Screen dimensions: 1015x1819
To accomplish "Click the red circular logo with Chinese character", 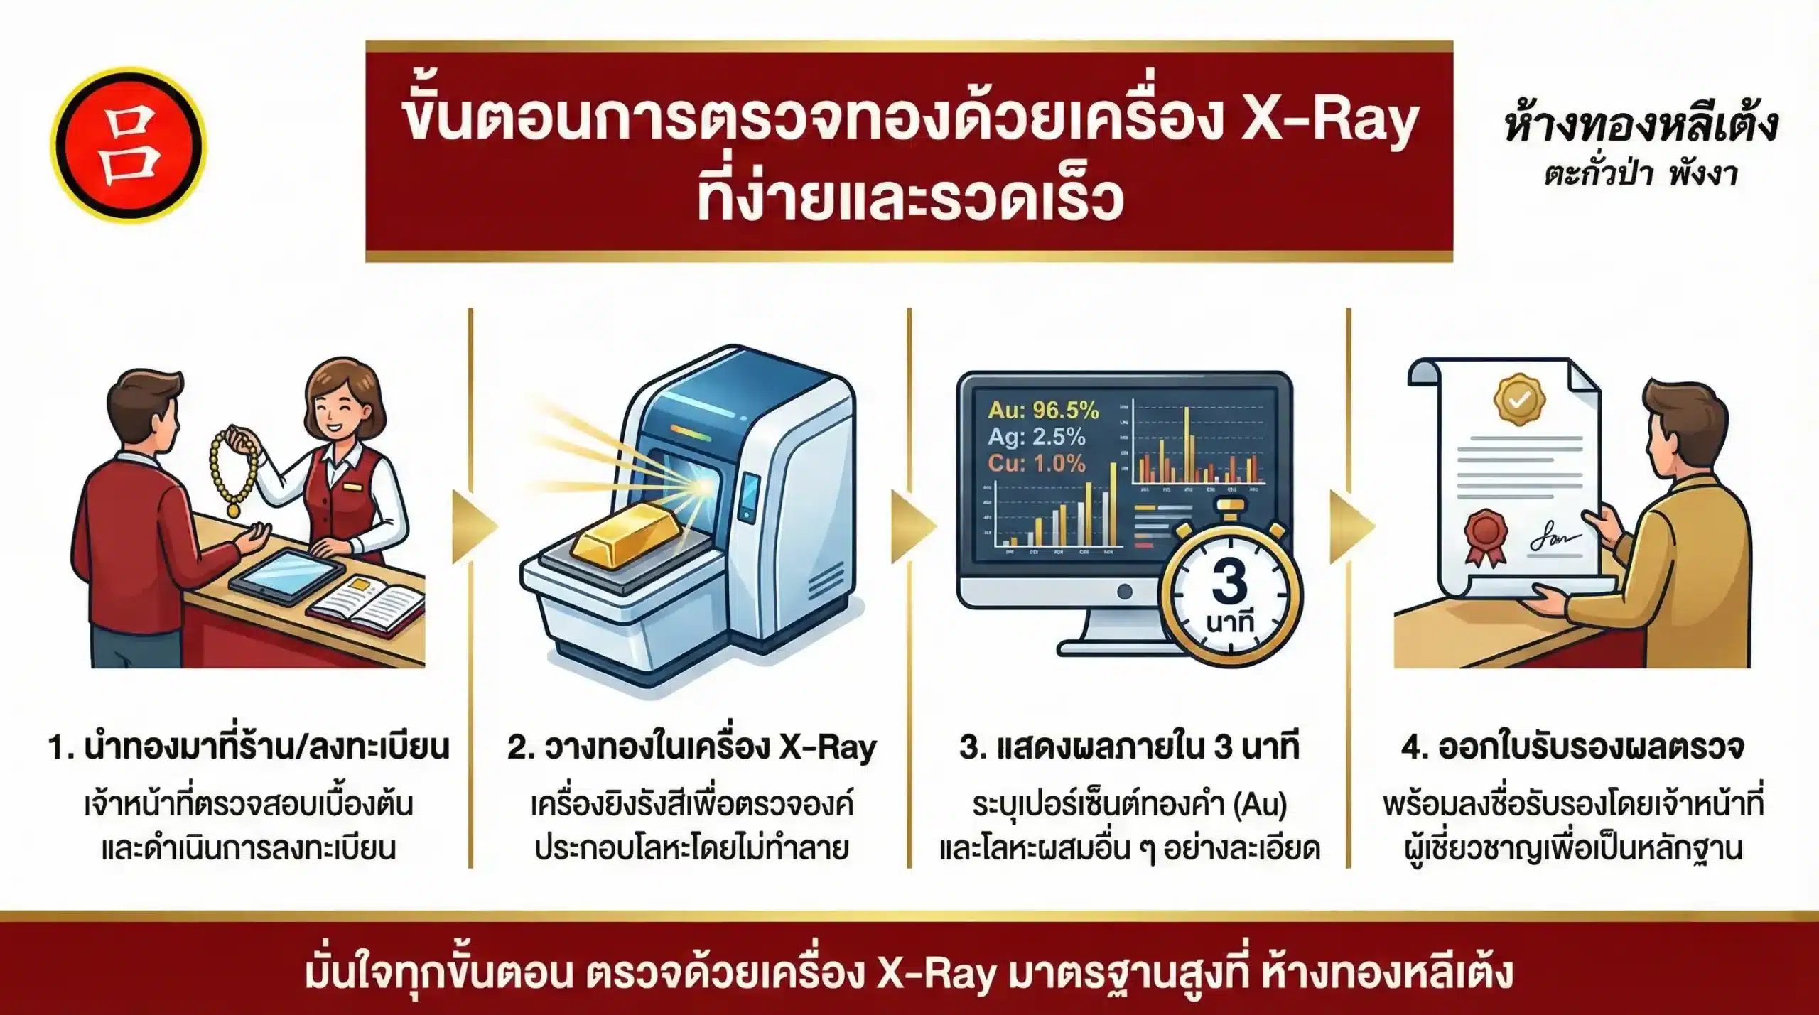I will (128, 144).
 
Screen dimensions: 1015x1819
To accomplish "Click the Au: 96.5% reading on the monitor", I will (1043, 410).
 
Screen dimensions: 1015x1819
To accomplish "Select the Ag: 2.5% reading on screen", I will (1036, 436).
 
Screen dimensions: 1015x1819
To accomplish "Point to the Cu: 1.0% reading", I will (1036, 463).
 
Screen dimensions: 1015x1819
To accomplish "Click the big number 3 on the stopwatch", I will (1229, 582).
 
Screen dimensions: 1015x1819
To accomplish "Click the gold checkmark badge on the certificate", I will (1520, 399).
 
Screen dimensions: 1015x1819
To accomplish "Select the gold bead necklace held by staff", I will (231, 469).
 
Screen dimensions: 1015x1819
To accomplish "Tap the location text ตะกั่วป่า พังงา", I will (1641, 174).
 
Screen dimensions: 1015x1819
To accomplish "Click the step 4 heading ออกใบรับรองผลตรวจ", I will (1572, 747).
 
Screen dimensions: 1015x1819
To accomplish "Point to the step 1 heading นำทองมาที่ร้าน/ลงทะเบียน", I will (249, 747).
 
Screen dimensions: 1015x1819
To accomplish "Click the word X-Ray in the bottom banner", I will (935, 974).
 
